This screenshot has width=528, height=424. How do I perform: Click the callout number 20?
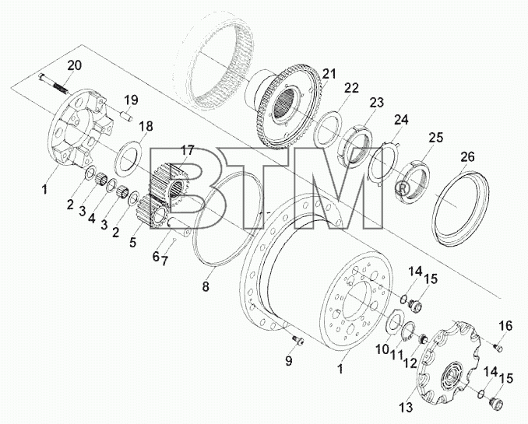[75, 65]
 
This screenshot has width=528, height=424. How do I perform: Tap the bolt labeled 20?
[53, 82]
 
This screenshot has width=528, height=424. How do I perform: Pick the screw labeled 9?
[298, 341]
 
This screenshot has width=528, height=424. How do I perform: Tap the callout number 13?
[407, 408]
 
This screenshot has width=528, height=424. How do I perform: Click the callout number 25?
[436, 138]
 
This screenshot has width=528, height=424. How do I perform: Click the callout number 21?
[329, 74]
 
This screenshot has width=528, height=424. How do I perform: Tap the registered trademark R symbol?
[402, 188]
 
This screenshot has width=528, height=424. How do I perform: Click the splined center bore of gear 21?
[287, 100]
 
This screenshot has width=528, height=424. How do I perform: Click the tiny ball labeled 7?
[174, 240]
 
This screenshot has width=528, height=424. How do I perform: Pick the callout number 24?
[401, 120]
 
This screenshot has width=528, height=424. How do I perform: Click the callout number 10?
[382, 349]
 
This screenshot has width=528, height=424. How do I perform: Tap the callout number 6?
[155, 257]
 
